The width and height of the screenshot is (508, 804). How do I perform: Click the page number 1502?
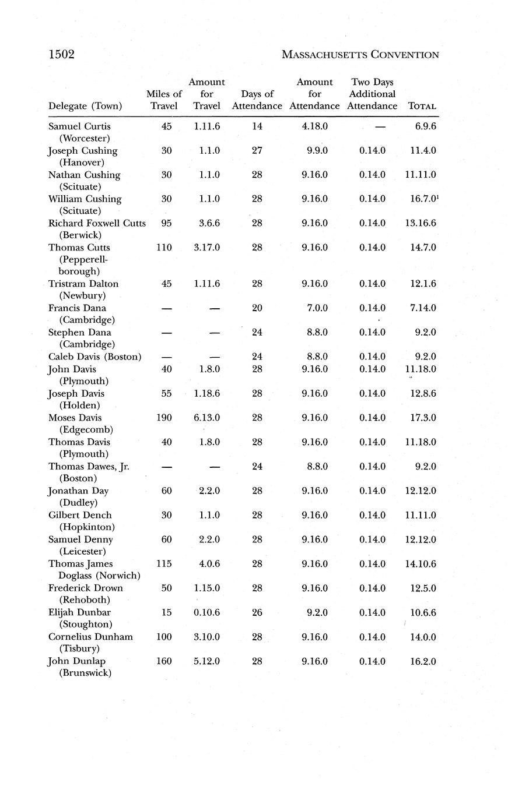61,54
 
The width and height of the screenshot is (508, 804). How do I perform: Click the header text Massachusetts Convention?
360,55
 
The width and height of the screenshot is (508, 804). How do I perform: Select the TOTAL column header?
422,106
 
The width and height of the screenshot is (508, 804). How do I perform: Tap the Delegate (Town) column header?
85,106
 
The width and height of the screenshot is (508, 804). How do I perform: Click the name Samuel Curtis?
79,126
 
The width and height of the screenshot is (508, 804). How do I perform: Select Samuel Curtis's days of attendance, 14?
257,126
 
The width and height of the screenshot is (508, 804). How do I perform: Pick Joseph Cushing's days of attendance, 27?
257,151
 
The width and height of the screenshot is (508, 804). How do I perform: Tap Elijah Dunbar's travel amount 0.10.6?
206,612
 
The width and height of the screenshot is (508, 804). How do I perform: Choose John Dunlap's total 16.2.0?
423,661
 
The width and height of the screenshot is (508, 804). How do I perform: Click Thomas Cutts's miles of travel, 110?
164,248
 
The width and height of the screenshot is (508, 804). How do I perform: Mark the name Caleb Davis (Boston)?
94,357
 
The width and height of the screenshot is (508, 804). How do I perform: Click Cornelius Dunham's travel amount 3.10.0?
206,637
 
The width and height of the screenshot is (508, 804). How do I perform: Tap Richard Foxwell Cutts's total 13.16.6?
420,223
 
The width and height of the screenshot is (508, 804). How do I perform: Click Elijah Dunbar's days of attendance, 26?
257,612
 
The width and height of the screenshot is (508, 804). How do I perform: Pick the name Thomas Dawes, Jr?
89,466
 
